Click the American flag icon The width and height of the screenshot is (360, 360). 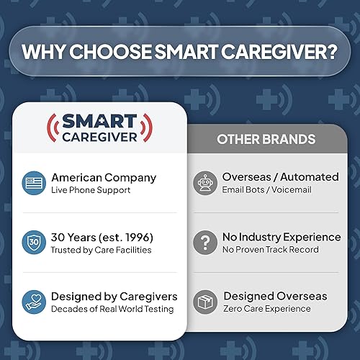[33, 183]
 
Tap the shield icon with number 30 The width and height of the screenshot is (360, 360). [33, 243]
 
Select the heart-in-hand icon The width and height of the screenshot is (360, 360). [33, 302]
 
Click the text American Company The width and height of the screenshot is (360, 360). [103, 177]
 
